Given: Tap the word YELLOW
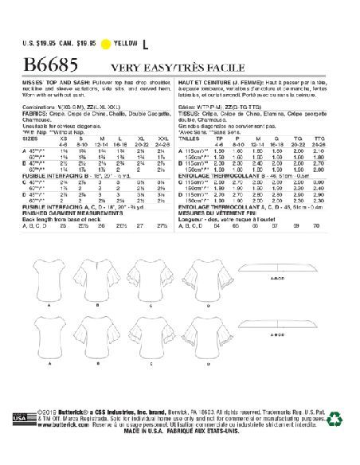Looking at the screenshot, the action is point(150,23).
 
